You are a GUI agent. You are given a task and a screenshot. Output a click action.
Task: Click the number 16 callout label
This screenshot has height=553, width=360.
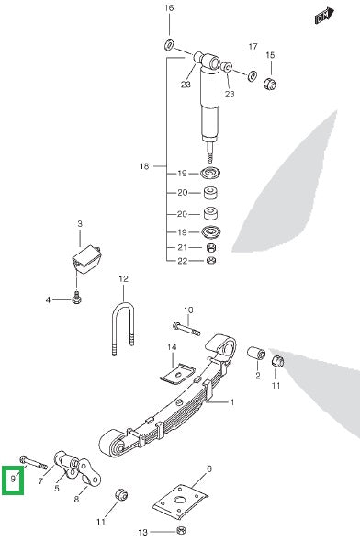168,8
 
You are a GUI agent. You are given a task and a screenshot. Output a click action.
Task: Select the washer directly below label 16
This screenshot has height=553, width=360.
170,44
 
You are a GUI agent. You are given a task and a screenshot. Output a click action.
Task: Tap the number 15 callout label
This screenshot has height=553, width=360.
270,55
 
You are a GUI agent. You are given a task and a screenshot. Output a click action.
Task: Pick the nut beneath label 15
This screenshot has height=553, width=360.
270,85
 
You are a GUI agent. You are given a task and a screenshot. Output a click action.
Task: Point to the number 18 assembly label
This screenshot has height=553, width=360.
143,166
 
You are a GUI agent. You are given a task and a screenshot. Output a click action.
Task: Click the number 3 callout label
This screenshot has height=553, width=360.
80,223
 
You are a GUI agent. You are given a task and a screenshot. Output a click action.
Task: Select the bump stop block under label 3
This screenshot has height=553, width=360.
86,256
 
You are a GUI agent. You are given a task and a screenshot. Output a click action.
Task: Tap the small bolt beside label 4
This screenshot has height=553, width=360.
77,297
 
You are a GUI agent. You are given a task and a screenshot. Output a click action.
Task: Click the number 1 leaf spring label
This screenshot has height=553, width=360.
231,402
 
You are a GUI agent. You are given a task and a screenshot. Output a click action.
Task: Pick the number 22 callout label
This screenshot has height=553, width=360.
182,261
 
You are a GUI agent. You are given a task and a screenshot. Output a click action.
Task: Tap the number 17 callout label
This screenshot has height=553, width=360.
253,45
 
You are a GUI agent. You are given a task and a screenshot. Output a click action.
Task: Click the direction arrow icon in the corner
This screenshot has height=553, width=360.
321,16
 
